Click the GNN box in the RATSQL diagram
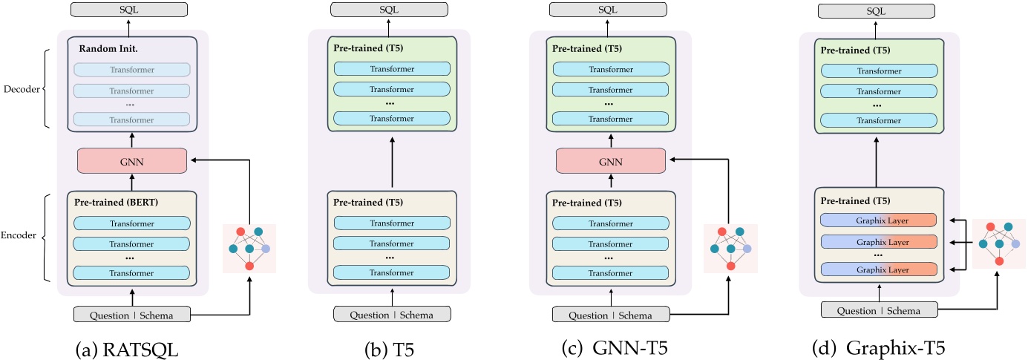pos(131,160)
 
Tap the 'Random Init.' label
pos(105,48)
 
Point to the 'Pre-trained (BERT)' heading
pos(117,202)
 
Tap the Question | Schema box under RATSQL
pos(131,315)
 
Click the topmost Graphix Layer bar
pos(879,221)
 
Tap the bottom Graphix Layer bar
pos(879,269)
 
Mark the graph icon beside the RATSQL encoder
pos(249,248)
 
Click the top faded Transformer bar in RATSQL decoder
pos(131,69)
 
